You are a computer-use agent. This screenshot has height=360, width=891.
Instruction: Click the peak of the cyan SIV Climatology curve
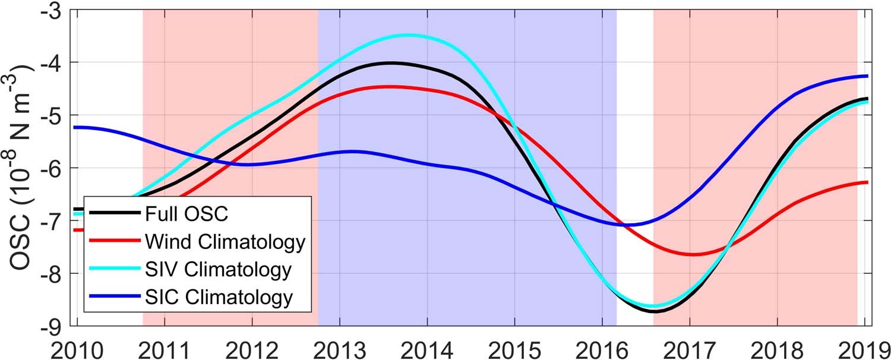click(408, 35)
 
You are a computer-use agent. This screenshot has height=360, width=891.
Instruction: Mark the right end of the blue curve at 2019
click(867, 76)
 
